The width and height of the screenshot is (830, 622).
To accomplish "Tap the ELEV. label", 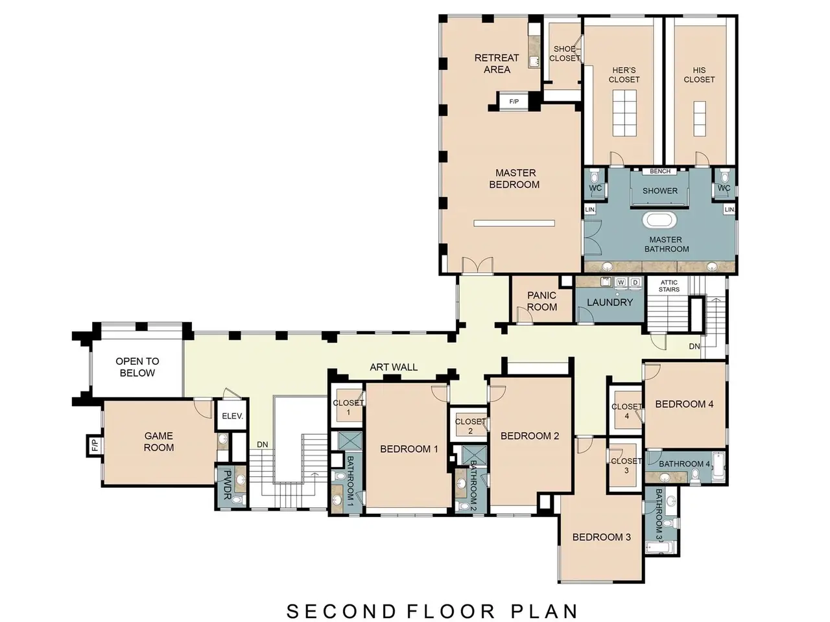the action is point(232,416).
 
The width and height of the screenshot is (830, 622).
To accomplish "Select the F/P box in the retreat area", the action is point(514,101).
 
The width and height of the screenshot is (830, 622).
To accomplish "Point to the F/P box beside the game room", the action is point(95,445).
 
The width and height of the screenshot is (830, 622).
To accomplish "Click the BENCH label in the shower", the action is point(660,171).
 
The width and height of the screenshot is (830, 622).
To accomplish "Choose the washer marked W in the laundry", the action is point(621,282).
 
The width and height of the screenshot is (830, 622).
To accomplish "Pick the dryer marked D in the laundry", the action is point(635,282).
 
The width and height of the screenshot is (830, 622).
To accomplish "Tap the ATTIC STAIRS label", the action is point(669,286).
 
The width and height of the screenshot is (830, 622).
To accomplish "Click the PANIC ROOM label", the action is point(541,301).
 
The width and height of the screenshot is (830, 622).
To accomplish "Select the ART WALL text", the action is point(393,367).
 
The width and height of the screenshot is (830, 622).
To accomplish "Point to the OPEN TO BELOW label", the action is point(137,367).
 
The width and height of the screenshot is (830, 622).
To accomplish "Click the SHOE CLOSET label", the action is point(565,54).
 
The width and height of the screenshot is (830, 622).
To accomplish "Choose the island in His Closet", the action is point(699,119).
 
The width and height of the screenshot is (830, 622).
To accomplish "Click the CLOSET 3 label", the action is point(626,466).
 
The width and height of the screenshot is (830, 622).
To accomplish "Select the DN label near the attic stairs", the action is point(694,346).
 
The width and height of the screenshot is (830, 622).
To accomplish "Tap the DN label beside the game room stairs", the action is point(263,444).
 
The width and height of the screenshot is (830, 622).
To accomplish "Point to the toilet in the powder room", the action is point(235,500).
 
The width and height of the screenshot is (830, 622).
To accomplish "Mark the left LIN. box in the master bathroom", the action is point(590,209).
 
